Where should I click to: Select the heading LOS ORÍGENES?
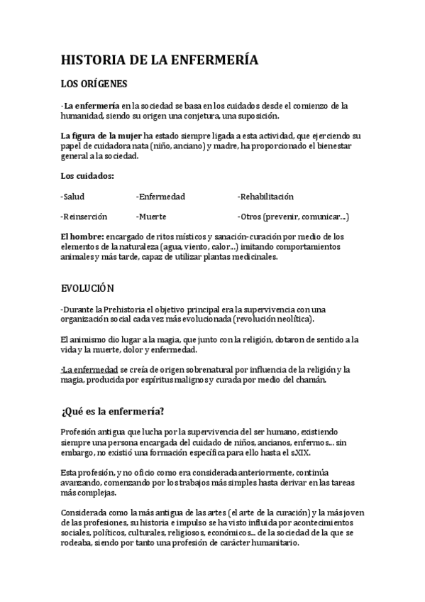click(x=94, y=84)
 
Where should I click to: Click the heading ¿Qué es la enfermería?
click(x=113, y=412)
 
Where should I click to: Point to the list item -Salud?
click(x=73, y=196)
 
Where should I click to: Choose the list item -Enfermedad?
click(x=160, y=196)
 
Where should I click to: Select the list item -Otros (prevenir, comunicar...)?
click(x=293, y=216)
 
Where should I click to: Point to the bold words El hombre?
click(x=82, y=236)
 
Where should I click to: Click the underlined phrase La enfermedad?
click(x=89, y=370)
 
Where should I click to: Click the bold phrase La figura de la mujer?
click(x=101, y=136)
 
